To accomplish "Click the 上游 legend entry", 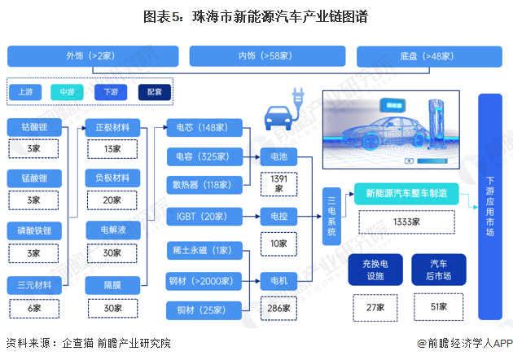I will (25, 92).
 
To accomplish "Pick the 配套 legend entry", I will (155, 92).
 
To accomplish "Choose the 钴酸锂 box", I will (33, 128).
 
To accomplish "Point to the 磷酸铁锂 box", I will (33, 231).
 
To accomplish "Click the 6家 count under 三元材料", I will (33, 309).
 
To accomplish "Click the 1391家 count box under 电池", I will (278, 183).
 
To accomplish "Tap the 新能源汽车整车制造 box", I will (406, 194).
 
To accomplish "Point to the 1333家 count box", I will (406, 222).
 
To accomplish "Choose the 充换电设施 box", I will (375, 270).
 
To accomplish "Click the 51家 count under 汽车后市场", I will (441, 307).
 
